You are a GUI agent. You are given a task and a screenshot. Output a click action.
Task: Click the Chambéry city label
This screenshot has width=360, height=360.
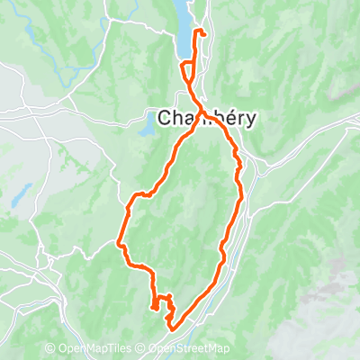pyautogui.click(x=209, y=118)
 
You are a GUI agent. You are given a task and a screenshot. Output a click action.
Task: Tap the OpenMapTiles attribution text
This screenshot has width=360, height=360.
pyautogui.click(x=101, y=349)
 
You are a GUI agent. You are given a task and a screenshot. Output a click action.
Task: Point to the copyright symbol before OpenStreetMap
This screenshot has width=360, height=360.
pyautogui.click(x=144, y=349)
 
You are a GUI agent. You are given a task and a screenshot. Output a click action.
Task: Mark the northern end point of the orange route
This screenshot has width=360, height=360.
pyautogui.click(x=204, y=34)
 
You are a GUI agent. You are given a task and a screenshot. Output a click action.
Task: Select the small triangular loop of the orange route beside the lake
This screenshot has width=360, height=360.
pyautogui.click(x=185, y=69)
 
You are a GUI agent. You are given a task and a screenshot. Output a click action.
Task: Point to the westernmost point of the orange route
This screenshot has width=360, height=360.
pyautogui.click(x=119, y=241)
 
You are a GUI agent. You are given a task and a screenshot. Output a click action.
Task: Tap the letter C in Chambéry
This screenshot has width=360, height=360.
pyautogui.click(x=166, y=118)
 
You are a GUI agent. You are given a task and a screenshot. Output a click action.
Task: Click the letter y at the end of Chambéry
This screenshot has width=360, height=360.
pyautogui.click(x=253, y=121)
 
